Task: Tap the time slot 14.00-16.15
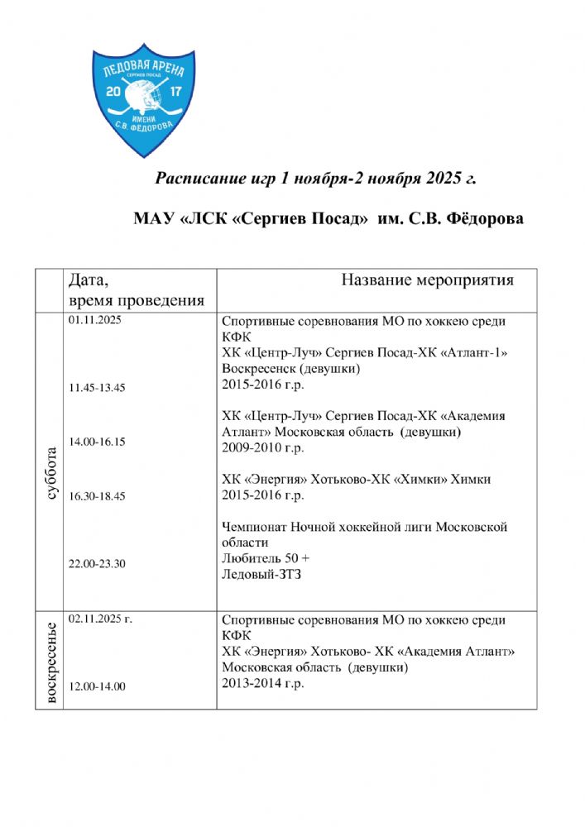98,442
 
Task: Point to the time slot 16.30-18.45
98,496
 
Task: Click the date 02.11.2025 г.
102,619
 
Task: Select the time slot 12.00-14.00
98,686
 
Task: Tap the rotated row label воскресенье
50,663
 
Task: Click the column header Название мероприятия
427,280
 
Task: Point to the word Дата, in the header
88,279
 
